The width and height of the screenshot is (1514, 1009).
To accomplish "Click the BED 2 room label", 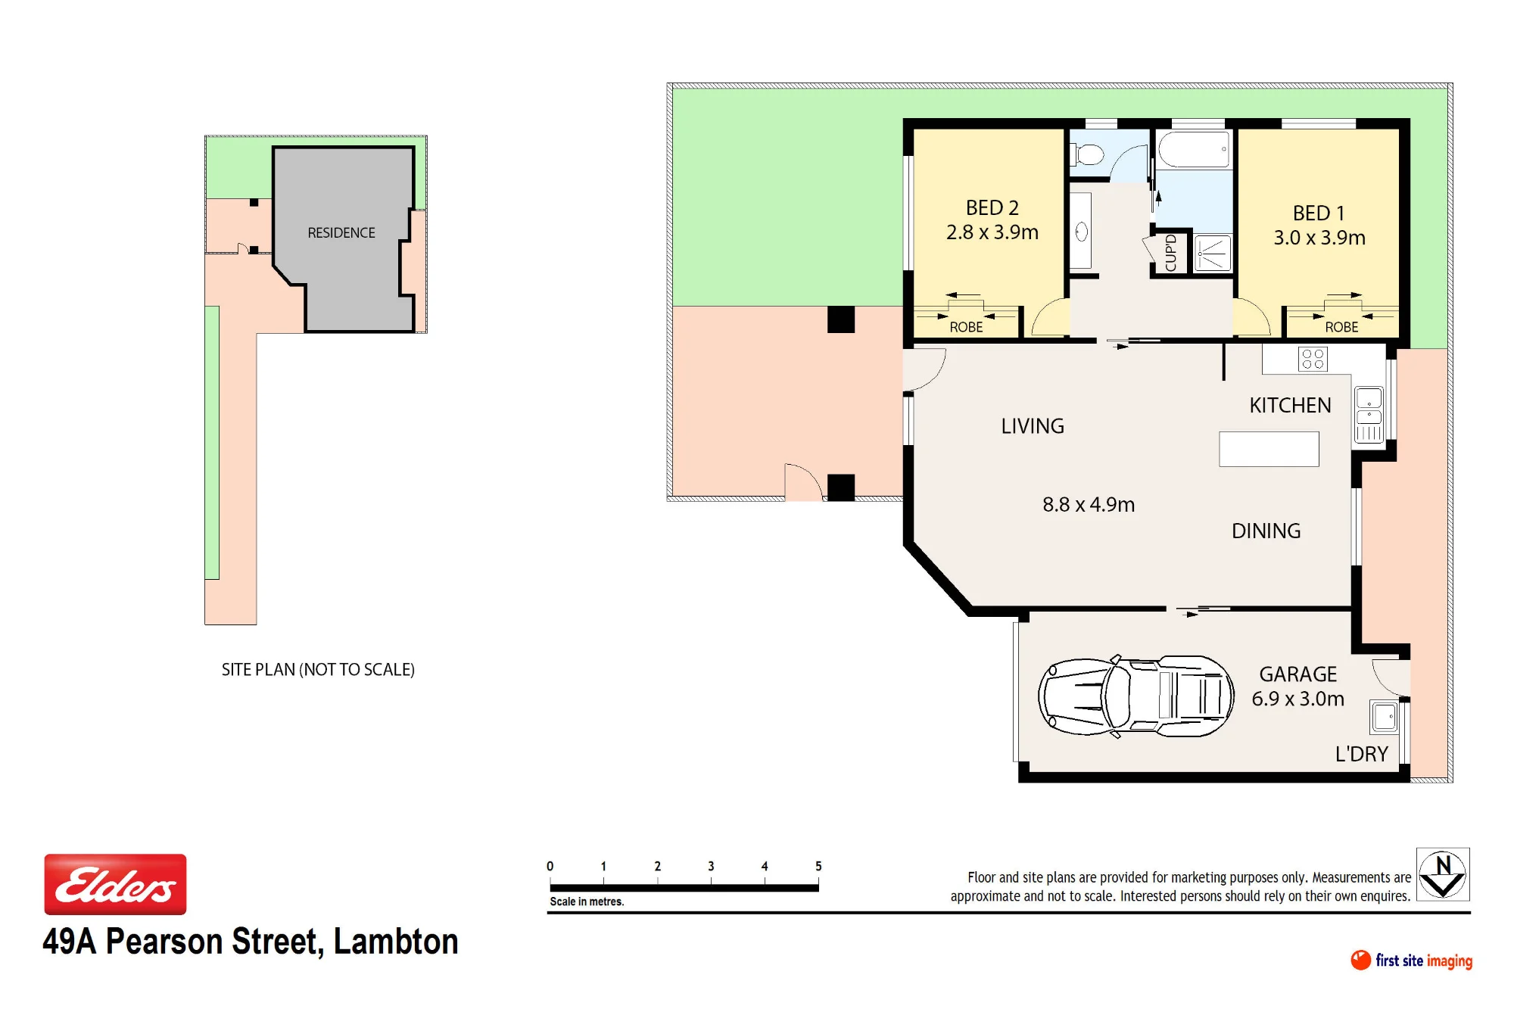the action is click(992, 207).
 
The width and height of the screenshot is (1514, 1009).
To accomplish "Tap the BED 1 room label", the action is click(1319, 213).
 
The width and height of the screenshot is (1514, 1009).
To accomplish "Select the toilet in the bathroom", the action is click(1086, 154).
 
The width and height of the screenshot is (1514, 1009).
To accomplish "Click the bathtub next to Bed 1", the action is click(1193, 149).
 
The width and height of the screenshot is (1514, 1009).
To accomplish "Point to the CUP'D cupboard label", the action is click(1171, 253).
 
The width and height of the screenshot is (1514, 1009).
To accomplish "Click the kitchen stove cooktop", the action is click(1313, 359).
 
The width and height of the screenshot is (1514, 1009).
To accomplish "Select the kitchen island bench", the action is click(1269, 449).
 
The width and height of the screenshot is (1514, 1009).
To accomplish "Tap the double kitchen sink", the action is click(1369, 415).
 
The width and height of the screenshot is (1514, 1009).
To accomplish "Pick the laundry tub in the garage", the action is click(1385, 716).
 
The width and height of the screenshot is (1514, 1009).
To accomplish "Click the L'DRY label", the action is click(1361, 754).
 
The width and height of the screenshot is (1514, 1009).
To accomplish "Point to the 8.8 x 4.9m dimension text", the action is click(1089, 504).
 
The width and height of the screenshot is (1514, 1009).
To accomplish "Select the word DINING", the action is click(1266, 531).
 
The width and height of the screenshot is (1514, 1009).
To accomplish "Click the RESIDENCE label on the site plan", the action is click(341, 232).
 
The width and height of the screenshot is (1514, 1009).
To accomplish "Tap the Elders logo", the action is click(115, 884).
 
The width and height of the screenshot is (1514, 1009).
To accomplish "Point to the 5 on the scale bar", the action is click(818, 866).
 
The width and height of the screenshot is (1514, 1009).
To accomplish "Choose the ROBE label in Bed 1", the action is click(1341, 327).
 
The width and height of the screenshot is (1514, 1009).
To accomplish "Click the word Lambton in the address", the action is click(396, 942).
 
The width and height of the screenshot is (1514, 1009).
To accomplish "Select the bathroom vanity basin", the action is click(1081, 232).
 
